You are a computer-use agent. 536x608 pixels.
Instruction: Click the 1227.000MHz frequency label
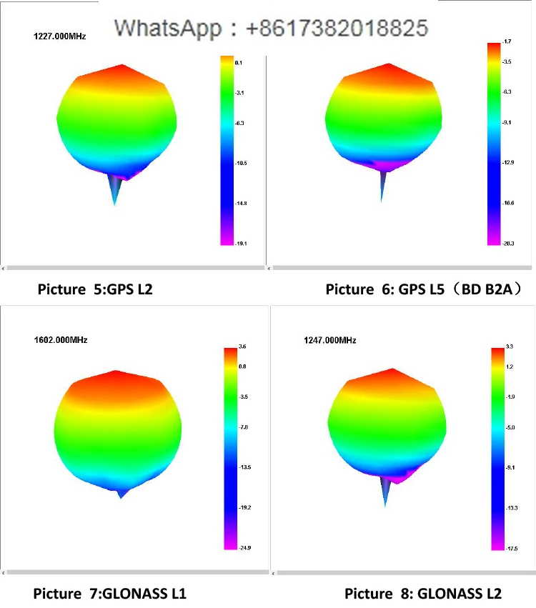pos(60,35)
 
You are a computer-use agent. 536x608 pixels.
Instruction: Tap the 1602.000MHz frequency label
pos(61,340)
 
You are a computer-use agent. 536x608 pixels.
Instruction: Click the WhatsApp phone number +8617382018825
pos(337,28)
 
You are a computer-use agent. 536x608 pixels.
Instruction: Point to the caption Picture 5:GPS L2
pos(95,289)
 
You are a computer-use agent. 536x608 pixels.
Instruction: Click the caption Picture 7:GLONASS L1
pos(110,593)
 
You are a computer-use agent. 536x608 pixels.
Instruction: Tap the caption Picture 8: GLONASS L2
pos(423,593)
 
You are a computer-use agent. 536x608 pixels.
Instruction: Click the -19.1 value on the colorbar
pos(241,244)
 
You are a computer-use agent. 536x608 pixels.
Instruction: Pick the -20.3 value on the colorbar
pos(508,244)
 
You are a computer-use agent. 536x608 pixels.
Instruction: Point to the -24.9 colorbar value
pos(243,547)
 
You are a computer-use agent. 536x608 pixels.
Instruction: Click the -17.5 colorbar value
pos(511,548)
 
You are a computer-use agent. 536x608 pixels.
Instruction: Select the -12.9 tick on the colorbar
pos(508,163)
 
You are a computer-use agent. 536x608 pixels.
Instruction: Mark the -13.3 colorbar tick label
pos(511,508)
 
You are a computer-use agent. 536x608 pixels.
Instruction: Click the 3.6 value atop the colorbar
pos(242,347)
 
